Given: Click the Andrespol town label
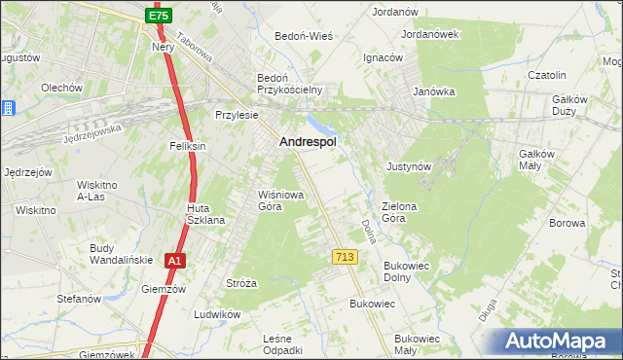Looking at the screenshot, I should [x=308, y=142].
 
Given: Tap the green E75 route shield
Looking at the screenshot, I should [x=160, y=17].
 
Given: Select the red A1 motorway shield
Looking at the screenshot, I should [x=174, y=261].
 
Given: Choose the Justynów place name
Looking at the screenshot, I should [x=408, y=166].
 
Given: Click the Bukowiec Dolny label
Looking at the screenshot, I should [x=414, y=271].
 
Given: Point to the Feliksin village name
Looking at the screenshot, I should [x=187, y=146].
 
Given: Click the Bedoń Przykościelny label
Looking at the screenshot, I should [x=289, y=84].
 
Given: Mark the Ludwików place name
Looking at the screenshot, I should [x=217, y=314].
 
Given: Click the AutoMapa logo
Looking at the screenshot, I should [x=558, y=342].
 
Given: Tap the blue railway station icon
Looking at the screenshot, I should [x=7, y=108].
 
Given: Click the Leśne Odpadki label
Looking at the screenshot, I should [x=283, y=343].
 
